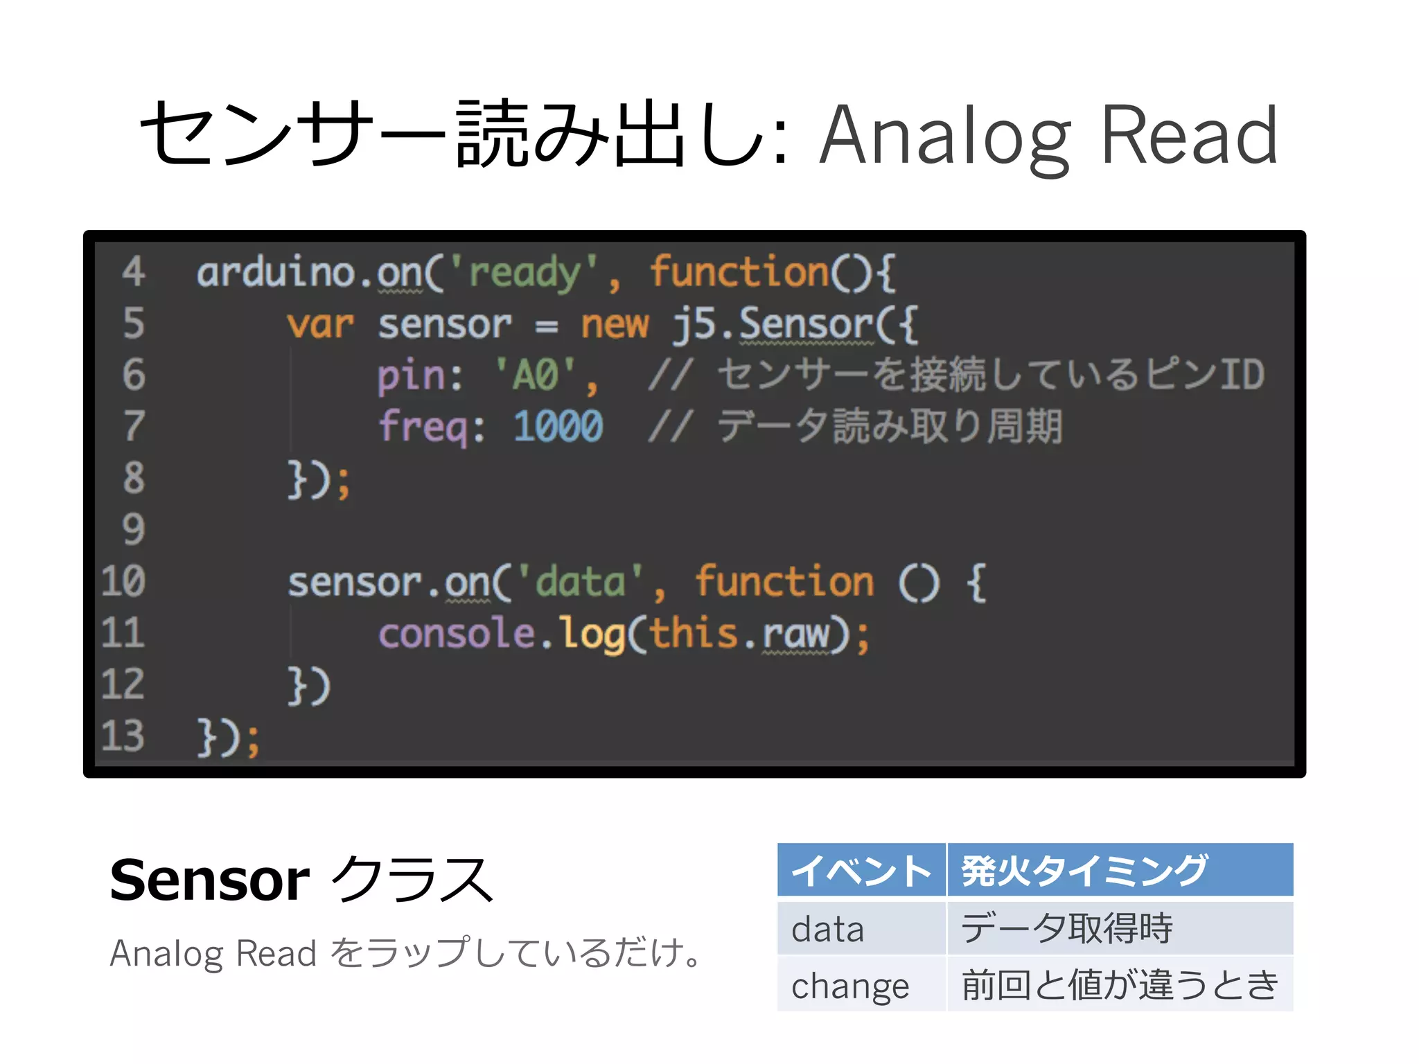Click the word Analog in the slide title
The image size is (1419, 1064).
945,136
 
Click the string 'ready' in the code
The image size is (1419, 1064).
525,272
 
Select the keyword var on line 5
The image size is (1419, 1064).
320,324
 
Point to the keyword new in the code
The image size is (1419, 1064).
615,324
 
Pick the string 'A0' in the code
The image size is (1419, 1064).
535,375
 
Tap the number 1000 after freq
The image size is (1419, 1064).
558,426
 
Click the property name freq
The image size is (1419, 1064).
423,426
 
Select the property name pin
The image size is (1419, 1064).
410,375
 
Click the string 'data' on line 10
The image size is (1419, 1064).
580,582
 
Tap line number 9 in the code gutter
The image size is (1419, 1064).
133,530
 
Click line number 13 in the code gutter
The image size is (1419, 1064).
123,736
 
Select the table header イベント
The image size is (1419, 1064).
861,871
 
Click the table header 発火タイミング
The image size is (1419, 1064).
1084,871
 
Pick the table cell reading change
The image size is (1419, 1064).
850,986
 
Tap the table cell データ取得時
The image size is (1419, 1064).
1067,928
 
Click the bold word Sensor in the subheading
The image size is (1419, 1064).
209,880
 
